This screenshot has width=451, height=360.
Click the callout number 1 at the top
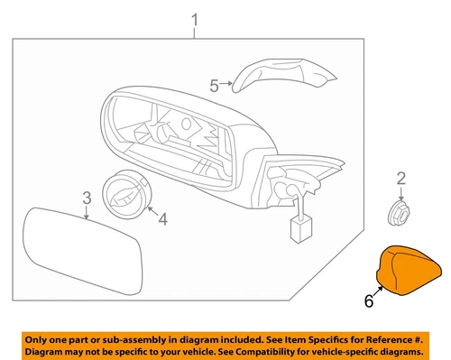(x=195, y=20)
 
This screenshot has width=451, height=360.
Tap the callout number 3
(x=86, y=198)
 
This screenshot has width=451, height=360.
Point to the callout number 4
(x=162, y=217)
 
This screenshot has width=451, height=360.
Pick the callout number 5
(x=214, y=87)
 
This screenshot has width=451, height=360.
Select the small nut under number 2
(x=398, y=213)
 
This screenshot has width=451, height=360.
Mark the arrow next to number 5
(x=227, y=87)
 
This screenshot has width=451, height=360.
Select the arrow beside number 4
(x=150, y=215)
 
